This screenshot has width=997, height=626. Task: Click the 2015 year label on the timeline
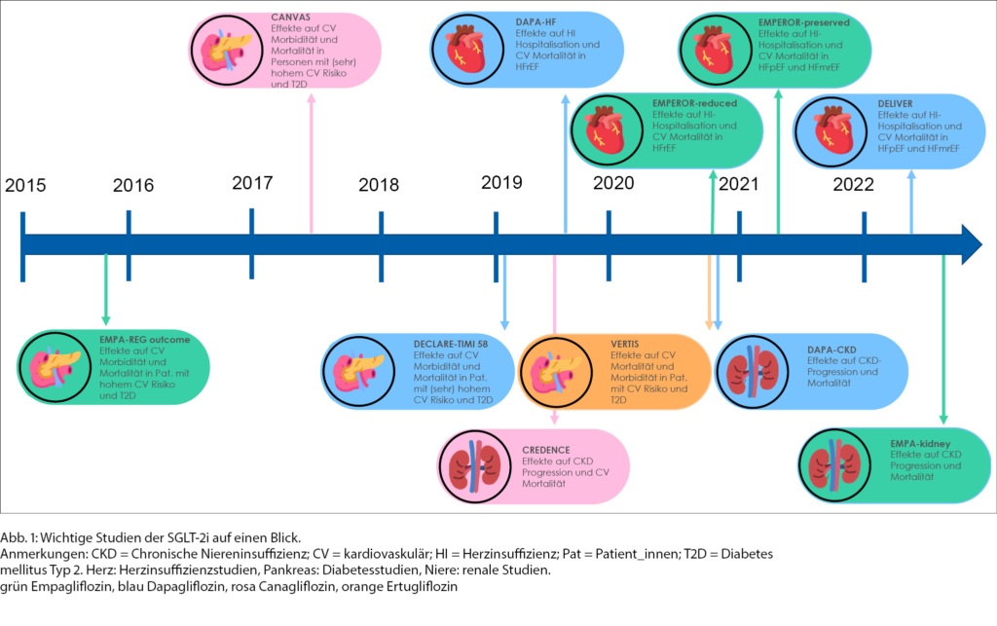25,186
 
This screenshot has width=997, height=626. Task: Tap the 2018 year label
379,185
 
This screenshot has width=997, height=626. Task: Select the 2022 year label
853,184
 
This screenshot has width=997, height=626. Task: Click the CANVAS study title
290,18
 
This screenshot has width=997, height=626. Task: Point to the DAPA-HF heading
536,22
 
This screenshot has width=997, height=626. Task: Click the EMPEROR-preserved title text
803,22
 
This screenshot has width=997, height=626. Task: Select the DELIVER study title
896,103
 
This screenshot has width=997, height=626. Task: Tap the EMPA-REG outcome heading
144,340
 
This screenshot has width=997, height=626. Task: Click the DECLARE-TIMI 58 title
451,344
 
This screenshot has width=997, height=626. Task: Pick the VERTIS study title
624,344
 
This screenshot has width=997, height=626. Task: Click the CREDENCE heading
545,450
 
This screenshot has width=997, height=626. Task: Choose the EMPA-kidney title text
920,444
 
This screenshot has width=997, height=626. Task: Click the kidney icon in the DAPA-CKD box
753,371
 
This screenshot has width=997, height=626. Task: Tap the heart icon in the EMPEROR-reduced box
606,129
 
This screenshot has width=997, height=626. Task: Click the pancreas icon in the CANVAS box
227,51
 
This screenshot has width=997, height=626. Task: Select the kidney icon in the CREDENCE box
474,466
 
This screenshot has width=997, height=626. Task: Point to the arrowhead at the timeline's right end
973,244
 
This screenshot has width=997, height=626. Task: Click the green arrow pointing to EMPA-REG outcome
105,290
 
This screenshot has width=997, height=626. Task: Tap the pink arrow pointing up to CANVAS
311,164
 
